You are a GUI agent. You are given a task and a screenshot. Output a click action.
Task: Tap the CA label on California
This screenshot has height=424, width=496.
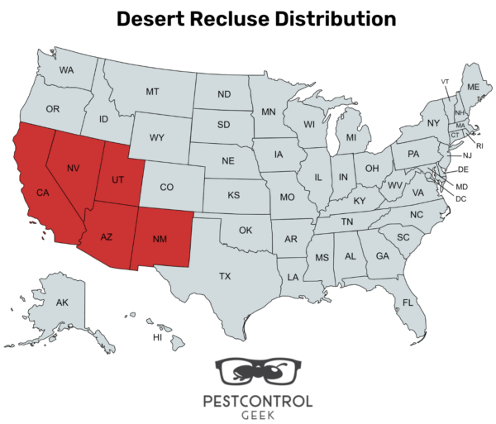click(x=42, y=193)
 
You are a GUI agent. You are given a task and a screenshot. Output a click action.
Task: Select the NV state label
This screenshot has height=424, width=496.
click(x=74, y=168)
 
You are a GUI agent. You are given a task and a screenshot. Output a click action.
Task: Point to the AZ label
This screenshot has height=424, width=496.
click(x=106, y=236)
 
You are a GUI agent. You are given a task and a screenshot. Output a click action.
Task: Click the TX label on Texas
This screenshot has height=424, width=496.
click(x=225, y=276)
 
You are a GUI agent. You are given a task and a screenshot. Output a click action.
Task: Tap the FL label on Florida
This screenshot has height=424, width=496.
click(x=408, y=302)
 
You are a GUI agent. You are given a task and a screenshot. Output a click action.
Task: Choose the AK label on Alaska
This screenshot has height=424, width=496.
click(x=62, y=303)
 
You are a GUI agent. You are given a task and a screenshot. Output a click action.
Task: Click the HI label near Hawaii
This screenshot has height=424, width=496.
click(x=157, y=338)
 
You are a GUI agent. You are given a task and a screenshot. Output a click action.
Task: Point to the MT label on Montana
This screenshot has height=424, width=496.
click(x=152, y=91)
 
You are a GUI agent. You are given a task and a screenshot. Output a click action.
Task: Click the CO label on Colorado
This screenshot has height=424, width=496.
click(x=167, y=188)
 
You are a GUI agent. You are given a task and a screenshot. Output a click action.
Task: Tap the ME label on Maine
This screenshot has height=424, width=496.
click(x=473, y=87)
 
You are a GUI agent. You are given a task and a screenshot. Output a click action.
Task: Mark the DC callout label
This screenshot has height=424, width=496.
click(x=460, y=199)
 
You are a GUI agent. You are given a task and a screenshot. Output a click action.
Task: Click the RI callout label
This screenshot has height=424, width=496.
click(x=479, y=145)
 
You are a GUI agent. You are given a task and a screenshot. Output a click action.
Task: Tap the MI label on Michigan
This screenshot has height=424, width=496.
click(x=351, y=136)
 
